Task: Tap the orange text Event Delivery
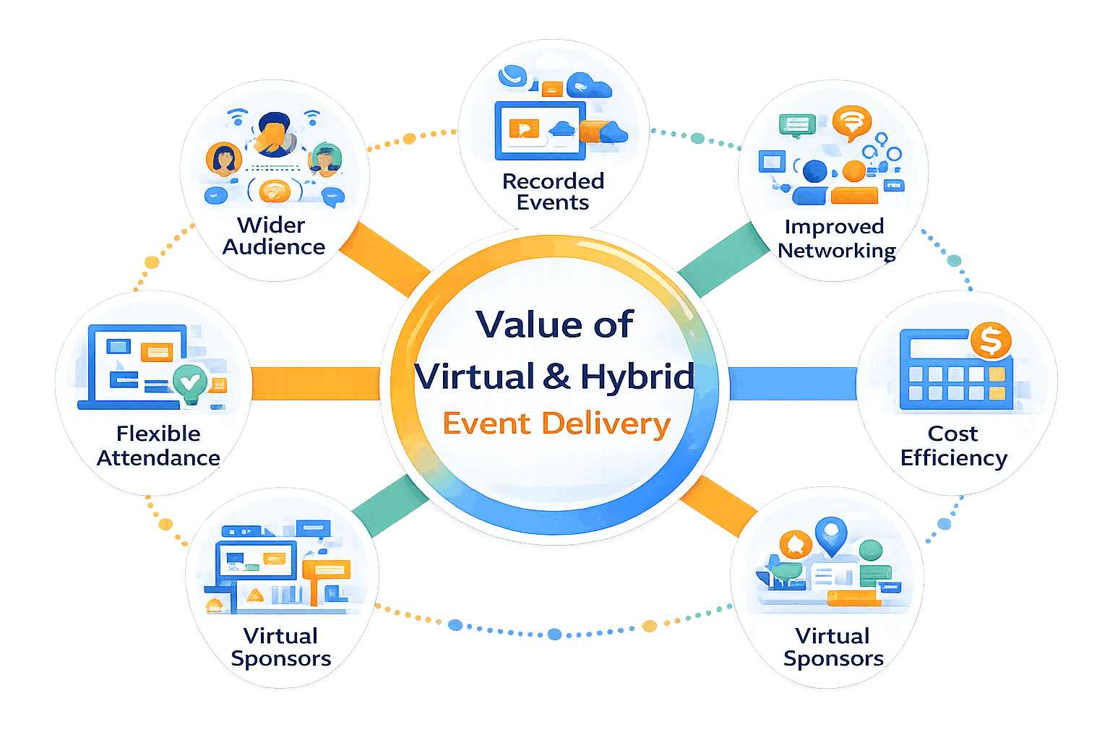[556, 423]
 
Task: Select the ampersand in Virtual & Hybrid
[556, 377]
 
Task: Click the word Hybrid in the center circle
[637, 377]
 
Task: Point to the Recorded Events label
[553, 192]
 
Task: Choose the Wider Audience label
[273, 236]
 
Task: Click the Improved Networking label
[835, 238]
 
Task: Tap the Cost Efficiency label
[953, 445]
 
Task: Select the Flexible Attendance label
[158, 445]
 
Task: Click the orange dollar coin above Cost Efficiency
[990, 340]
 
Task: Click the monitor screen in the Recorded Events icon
[539, 130]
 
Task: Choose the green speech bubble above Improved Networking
[796, 125]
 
